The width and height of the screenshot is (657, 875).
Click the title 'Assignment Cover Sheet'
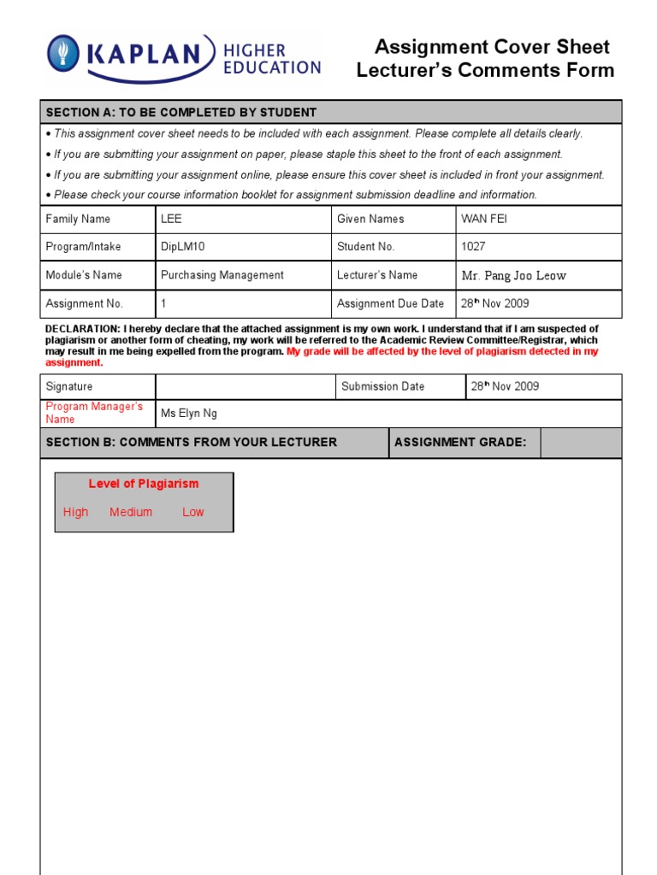492,47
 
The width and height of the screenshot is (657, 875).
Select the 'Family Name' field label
78,219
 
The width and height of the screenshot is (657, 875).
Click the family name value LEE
171,219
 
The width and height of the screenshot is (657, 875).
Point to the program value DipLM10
183,247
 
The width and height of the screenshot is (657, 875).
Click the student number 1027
473,247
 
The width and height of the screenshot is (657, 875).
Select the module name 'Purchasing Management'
222,275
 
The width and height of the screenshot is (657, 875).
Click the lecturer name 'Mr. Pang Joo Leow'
513,275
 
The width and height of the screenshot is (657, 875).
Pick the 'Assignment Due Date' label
390,303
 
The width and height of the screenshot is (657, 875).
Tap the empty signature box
246,386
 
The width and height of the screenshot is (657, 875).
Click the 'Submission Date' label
382,386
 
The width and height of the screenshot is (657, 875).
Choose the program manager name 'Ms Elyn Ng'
189,414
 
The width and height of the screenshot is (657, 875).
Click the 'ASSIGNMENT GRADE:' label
460,442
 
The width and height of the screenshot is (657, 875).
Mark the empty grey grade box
581,442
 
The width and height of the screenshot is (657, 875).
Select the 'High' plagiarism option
75,512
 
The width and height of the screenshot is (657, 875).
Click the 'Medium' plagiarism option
131,512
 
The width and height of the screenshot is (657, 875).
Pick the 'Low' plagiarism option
193,512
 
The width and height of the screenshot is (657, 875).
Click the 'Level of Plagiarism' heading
143,484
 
